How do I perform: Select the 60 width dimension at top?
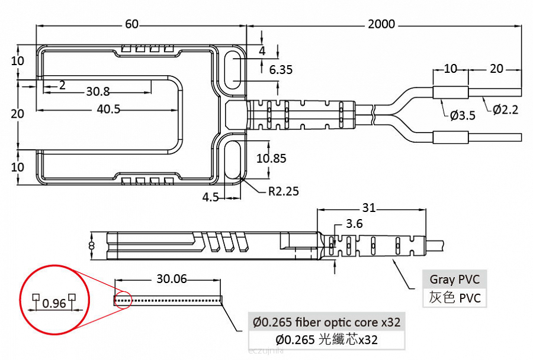(131, 24)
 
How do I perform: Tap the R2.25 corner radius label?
(283, 191)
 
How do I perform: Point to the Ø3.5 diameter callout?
(462, 115)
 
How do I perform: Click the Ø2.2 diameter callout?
(505, 110)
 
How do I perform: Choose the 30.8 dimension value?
(98, 91)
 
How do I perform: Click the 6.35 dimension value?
(281, 70)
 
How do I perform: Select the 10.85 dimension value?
(271, 158)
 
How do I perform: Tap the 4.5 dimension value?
(211, 197)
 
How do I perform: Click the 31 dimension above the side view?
(369, 208)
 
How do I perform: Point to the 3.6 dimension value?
(354, 224)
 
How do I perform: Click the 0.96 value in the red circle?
(54, 304)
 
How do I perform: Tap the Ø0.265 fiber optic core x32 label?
(326, 322)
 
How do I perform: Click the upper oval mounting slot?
(235, 70)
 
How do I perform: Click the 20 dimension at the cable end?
(496, 69)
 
